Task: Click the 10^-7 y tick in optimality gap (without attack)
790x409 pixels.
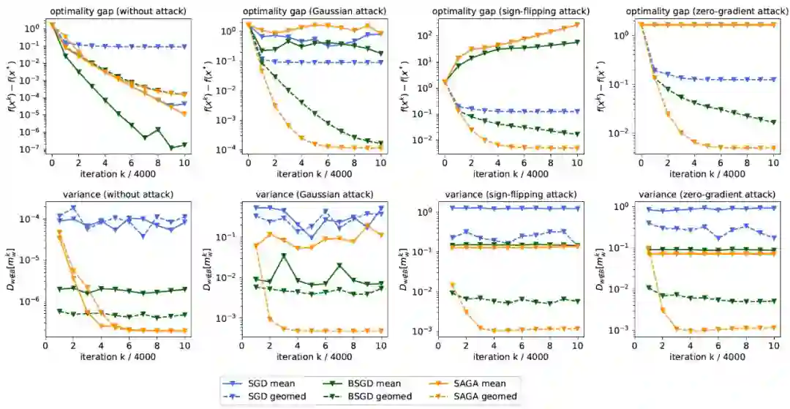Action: pyautogui.click(x=31, y=149)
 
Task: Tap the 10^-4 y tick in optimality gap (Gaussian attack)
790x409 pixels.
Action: pyautogui.click(x=227, y=149)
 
